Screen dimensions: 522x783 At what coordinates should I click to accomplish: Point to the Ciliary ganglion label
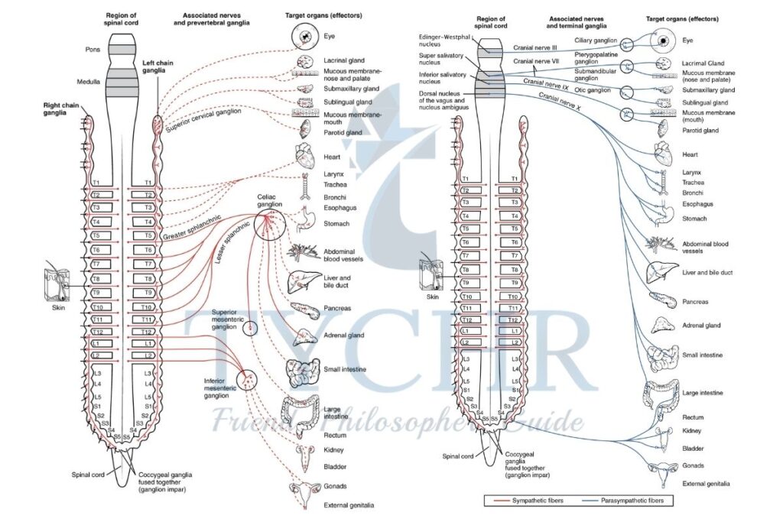596,41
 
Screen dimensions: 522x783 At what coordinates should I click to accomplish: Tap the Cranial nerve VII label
538,61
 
